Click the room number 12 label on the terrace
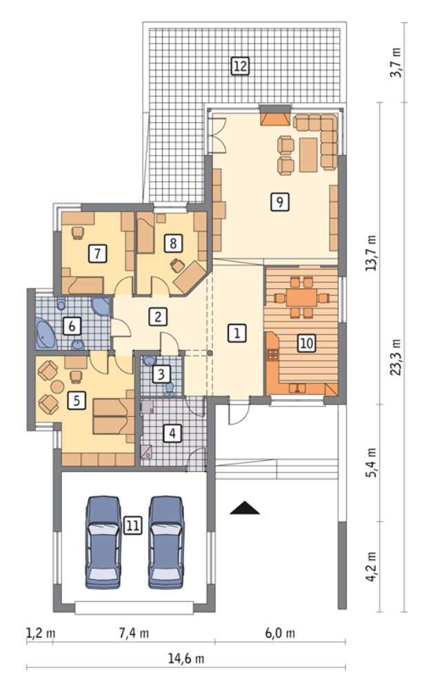pyautogui.click(x=240, y=66)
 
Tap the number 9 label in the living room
pyautogui.click(x=280, y=202)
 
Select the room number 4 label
pyautogui.click(x=172, y=433)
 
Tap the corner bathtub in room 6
pyautogui.click(x=46, y=333)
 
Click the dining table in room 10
pyautogui.click(x=301, y=298)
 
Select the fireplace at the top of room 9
pyautogui.click(x=275, y=119)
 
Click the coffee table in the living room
pyautogui.click(x=308, y=154)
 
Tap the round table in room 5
pyautogui.click(x=58, y=387)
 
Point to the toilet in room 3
pyautogui.click(x=170, y=389)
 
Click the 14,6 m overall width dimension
pyautogui.click(x=186, y=658)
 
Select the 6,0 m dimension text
pyautogui.click(x=280, y=633)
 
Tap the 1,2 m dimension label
pyautogui.click(x=41, y=633)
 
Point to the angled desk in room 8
pyautogui.click(x=190, y=277)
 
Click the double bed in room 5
pyautogui.click(x=114, y=415)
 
